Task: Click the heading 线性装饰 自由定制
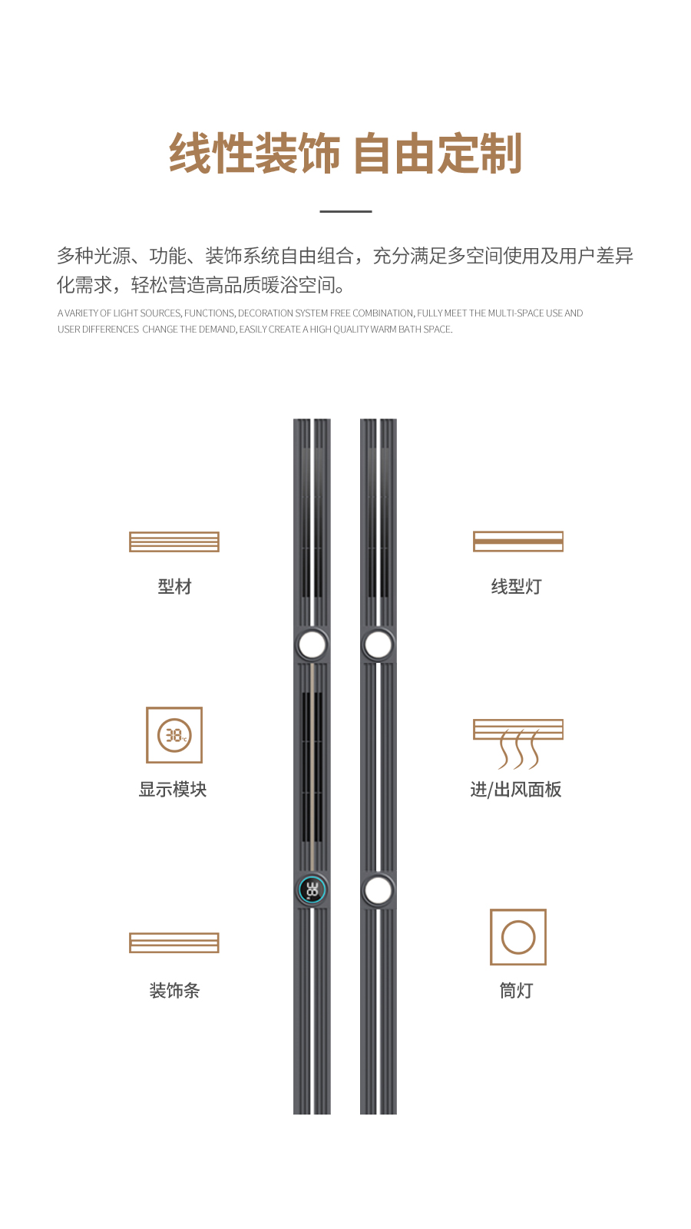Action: tap(345, 154)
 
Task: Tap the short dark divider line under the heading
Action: tap(345, 211)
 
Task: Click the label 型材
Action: tap(174, 587)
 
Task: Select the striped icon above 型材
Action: tap(174, 542)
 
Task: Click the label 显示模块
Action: tap(173, 790)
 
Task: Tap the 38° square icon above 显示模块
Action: tap(174, 735)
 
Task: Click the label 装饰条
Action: tap(174, 991)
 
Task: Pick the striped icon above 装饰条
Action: tap(174, 942)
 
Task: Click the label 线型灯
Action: tap(516, 587)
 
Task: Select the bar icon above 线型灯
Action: tap(518, 542)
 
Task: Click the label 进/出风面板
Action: tap(516, 790)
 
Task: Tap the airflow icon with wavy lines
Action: tap(518, 744)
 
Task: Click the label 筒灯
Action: tap(516, 991)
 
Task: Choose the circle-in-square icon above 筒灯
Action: tap(518, 937)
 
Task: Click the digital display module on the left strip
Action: tap(312, 890)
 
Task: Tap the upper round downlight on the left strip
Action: tap(312, 644)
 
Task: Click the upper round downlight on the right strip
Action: tap(378, 644)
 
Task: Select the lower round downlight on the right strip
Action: tap(378, 890)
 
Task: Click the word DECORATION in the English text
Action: tap(267, 313)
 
